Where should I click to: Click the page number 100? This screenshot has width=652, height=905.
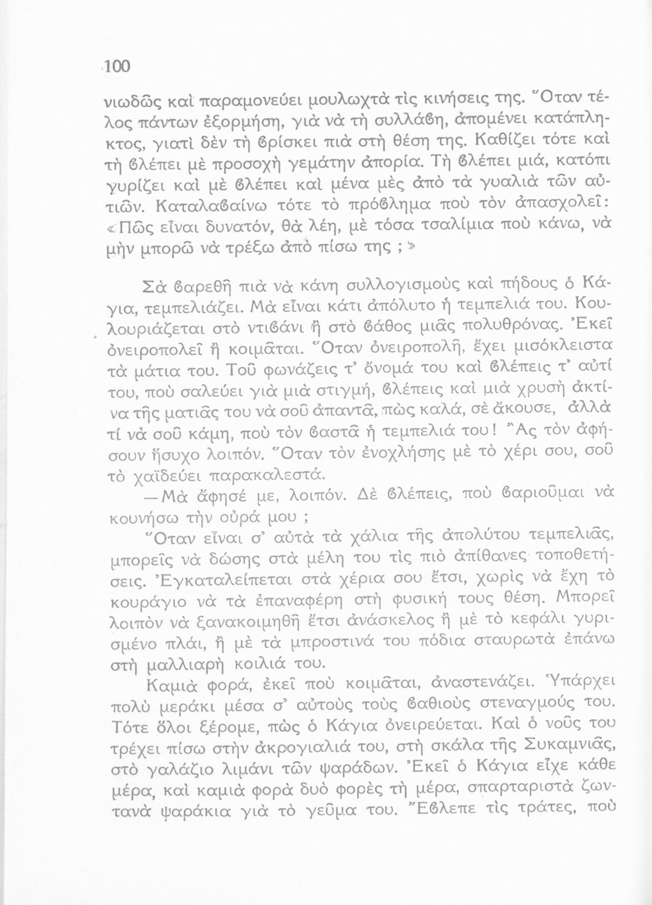point(117,66)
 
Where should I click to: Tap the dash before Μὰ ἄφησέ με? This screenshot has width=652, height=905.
point(152,495)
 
